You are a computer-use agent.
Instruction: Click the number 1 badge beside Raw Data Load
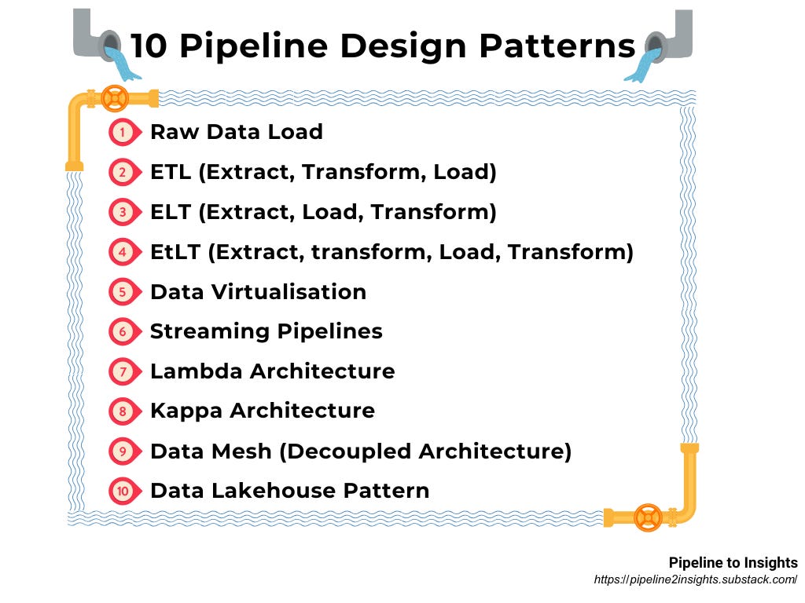coord(122,132)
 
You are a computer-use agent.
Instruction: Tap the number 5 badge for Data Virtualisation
coord(122,292)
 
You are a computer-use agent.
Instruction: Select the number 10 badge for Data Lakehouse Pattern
coord(122,492)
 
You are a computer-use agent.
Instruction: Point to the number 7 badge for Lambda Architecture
coord(122,371)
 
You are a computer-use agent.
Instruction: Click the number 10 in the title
coord(149,46)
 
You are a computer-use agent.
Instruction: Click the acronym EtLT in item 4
coord(178,252)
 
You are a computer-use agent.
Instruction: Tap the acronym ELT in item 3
coord(171,212)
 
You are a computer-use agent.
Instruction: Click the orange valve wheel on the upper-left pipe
coord(116,99)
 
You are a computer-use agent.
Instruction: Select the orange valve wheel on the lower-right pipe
coord(648,517)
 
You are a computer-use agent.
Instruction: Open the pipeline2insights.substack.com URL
coord(696,580)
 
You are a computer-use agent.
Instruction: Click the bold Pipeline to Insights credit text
coord(733,563)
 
